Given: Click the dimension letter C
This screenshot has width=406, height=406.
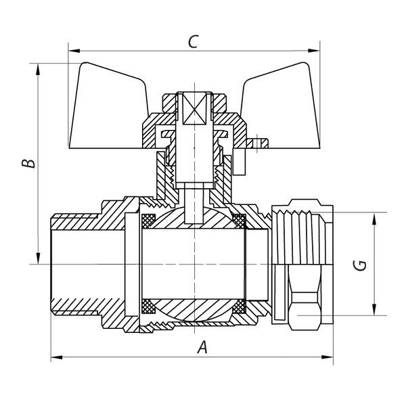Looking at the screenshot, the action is pyautogui.click(x=193, y=42).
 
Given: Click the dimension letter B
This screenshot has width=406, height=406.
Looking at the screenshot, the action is pyautogui.click(x=28, y=163).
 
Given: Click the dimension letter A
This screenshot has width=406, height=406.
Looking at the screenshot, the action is pyautogui.click(x=202, y=348).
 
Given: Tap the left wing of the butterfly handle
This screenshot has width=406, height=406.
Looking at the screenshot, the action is pyautogui.click(x=109, y=109).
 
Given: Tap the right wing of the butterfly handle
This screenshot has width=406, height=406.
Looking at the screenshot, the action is pyautogui.click(x=281, y=109).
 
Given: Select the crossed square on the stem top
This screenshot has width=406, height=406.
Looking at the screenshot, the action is pyautogui.click(x=194, y=109).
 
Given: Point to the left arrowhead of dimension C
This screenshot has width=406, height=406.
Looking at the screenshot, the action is pyautogui.click(x=74, y=51).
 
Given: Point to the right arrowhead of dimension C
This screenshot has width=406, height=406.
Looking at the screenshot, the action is pyautogui.click(x=314, y=51).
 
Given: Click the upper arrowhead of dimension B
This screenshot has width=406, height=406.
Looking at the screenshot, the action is pyautogui.click(x=38, y=69).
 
